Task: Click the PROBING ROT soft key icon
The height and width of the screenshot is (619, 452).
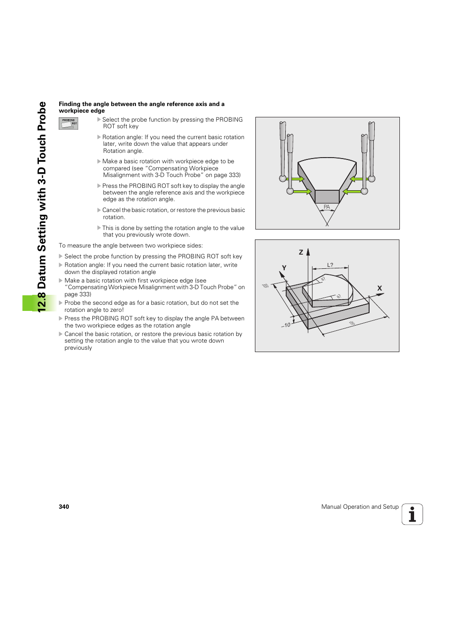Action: coord(68,124)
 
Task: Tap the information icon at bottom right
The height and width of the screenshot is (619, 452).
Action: coord(412,514)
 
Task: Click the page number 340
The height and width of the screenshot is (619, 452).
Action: coord(64,507)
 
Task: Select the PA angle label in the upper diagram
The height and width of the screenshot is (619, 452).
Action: coord(326,207)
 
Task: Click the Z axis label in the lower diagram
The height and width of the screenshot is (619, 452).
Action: coord(301,252)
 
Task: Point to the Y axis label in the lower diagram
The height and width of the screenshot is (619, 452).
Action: coord(284,268)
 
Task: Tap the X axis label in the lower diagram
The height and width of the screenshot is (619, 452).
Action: coord(380,288)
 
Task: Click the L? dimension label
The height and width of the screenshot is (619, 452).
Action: coord(330,265)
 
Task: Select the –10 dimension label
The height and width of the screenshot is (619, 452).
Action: coord(286,325)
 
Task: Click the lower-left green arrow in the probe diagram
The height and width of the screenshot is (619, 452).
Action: coord(302,192)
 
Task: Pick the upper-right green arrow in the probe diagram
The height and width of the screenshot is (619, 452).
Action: coord(356,179)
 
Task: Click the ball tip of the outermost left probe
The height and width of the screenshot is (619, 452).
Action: coord(283,178)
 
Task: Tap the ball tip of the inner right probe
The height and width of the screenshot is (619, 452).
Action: coord(364,191)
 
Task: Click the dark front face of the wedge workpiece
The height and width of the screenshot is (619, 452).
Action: coord(327,196)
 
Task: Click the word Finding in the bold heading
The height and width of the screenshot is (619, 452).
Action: coord(70,104)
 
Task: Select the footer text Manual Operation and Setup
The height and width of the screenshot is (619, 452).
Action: coord(360,507)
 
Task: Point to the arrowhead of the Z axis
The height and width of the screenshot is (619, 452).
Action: coord(308,252)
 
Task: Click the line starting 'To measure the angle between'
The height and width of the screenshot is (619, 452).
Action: coord(131,246)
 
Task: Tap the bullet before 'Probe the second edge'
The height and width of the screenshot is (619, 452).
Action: coord(61,303)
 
